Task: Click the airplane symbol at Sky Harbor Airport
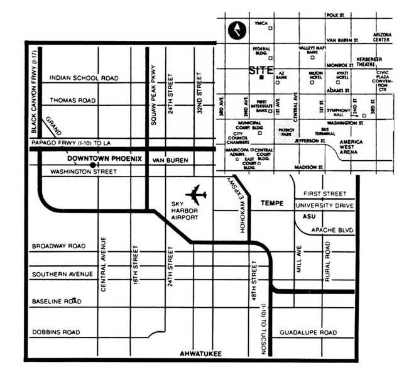coord(196,194)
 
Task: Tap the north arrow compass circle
coord(237,30)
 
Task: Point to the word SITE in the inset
coord(261,70)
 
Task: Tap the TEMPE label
coord(271,204)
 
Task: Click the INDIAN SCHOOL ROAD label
coord(84,78)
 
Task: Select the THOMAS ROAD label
coord(72,100)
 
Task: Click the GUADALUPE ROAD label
coord(308,332)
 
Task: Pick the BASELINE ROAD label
coord(57,302)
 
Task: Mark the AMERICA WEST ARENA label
coord(351,146)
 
